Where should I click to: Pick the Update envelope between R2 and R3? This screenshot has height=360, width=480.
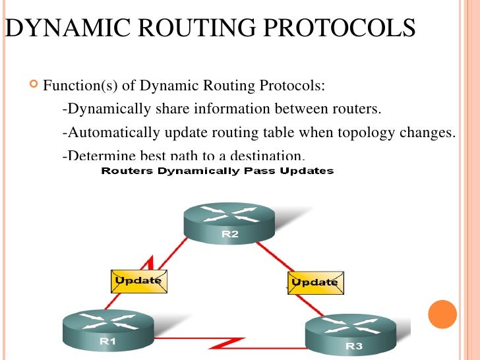point(314,282)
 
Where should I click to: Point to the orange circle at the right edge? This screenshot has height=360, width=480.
point(442,314)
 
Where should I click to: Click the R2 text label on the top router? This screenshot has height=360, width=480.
point(228,234)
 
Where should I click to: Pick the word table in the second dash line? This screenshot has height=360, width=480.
point(277,133)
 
